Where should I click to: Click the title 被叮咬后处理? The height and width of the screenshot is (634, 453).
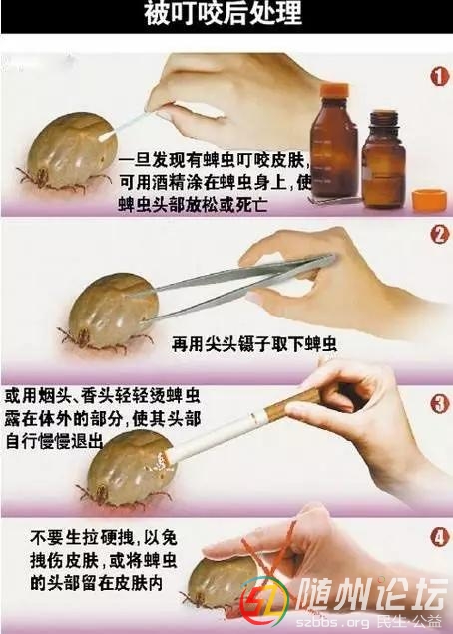click(224, 13)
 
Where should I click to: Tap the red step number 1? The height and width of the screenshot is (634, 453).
click(439, 76)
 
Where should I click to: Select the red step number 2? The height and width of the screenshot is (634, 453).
click(440, 234)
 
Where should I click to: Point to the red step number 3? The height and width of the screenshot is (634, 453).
click(440, 404)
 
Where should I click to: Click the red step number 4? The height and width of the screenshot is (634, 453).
click(440, 538)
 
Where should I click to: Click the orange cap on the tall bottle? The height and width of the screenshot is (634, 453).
click(335, 88)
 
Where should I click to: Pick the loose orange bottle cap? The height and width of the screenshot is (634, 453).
click(429, 199)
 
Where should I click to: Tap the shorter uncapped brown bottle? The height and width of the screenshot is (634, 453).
click(383, 159)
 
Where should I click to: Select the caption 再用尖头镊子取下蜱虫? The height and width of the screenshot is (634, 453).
click(253, 344)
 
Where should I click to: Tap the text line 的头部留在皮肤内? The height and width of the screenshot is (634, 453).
click(97, 583)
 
